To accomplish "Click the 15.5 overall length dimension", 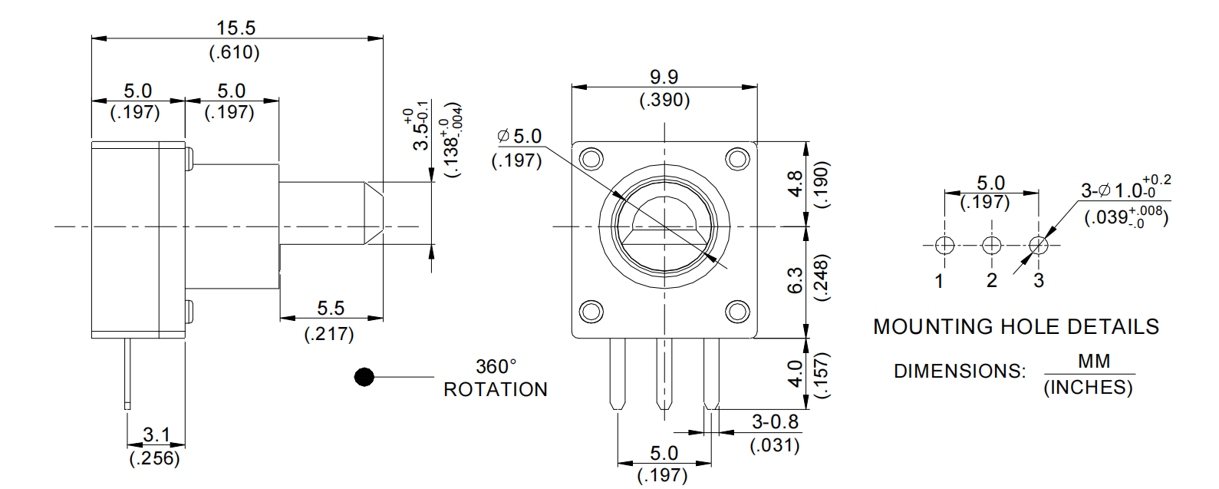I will [236, 28].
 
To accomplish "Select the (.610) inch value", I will [235, 52].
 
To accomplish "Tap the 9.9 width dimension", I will [664, 78].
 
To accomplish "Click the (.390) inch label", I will [664, 100].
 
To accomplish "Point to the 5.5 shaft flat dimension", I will [331, 309].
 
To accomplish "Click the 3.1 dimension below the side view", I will [156, 435].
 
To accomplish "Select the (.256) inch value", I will [155, 458].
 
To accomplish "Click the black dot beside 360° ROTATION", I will [364, 377].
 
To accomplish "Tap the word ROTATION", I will [496, 389].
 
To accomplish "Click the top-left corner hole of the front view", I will [591, 159].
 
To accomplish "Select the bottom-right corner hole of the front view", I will [737, 312].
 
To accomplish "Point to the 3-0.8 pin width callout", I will [775, 422].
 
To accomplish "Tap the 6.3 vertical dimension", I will [796, 280].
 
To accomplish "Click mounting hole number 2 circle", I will [992, 246].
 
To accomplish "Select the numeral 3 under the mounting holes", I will [1039, 280].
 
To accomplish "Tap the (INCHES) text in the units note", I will [1088, 387].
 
